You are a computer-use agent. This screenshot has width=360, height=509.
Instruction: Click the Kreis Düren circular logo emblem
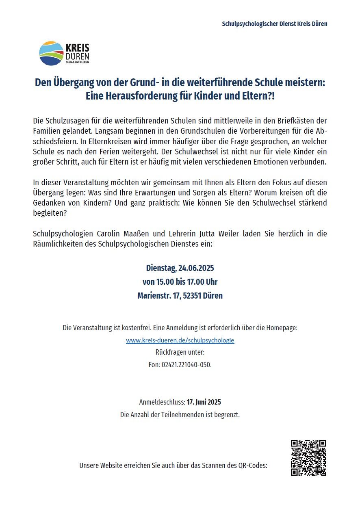[x=51, y=53]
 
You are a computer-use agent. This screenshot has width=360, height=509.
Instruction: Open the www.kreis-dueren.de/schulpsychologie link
[x=180, y=340]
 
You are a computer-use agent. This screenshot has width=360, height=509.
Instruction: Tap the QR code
[x=308, y=458]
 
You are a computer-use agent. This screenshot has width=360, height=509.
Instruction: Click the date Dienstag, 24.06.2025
[x=180, y=268]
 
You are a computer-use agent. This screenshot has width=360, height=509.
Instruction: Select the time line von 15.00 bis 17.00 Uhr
[x=180, y=282]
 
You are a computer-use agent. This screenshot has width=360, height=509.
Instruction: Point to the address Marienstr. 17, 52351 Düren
[x=180, y=296]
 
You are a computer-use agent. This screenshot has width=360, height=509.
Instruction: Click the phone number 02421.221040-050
[x=186, y=364]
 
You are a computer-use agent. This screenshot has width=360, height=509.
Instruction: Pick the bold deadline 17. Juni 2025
[x=204, y=402]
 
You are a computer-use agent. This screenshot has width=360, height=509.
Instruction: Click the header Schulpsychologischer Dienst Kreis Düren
[x=274, y=24]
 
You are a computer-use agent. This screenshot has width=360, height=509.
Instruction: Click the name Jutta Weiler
[x=219, y=234]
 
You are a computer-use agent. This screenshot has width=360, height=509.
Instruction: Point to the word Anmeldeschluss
[x=162, y=402]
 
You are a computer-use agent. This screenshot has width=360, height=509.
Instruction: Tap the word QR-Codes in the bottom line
[x=253, y=465]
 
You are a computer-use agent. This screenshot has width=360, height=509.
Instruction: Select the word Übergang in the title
[x=72, y=83]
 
